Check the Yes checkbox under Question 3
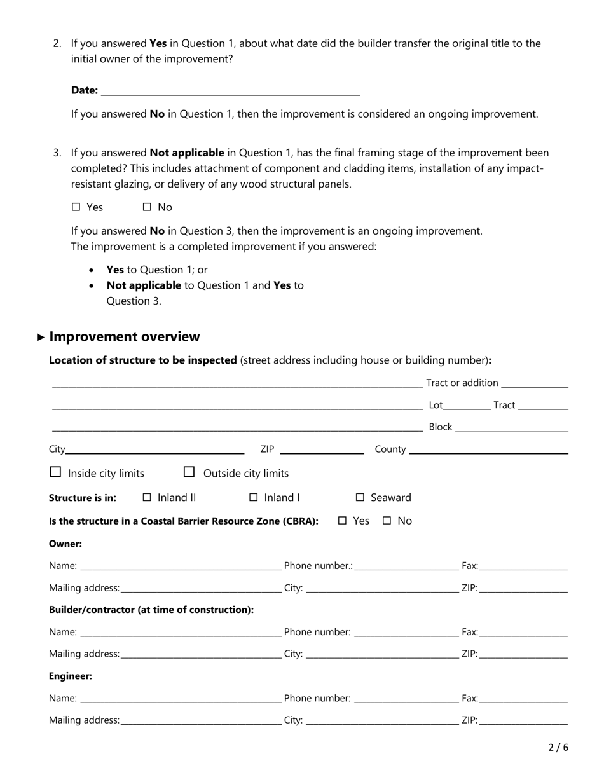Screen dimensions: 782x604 (x=76, y=207)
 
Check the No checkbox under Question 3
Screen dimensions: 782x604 (x=147, y=207)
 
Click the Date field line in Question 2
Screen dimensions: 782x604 (x=230, y=92)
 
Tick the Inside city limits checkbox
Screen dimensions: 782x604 (x=55, y=472)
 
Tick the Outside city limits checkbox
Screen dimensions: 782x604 (x=189, y=472)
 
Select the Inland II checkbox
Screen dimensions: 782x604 (x=147, y=498)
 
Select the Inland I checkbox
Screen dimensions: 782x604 (x=254, y=498)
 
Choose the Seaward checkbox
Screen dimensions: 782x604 (x=360, y=498)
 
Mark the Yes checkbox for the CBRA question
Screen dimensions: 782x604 (x=342, y=521)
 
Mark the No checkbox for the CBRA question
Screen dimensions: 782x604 (x=387, y=521)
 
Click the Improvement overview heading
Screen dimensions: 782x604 (x=125, y=337)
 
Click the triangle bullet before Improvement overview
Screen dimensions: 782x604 (x=41, y=338)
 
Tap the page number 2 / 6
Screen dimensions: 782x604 (x=558, y=748)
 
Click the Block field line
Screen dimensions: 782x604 (x=512, y=428)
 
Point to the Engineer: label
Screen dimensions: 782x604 (x=71, y=676)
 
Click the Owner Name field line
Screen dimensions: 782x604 (x=181, y=566)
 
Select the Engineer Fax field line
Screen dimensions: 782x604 (x=523, y=699)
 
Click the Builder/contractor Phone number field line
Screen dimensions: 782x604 (x=406, y=633)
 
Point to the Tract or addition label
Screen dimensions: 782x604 (x=462, y=383)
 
